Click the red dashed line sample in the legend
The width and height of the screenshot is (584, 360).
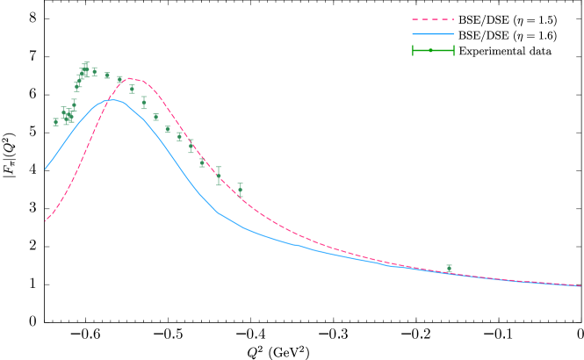pos(433,19)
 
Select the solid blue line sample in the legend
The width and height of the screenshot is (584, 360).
pos(433,34)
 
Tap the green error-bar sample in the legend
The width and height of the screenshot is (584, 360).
pos(433,50)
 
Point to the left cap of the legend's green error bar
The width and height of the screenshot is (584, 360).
pos(413,50)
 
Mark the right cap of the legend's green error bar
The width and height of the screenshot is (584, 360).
pos(453,50)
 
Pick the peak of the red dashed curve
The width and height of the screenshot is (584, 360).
pos(133,78)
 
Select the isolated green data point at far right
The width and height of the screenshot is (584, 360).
pos(449,268)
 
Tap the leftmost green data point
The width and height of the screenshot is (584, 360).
pos(55,122)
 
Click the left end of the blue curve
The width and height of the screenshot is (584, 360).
pos(45,169)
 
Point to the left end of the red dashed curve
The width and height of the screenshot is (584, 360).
pos(45,221)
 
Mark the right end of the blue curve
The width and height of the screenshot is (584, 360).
pos(580,286)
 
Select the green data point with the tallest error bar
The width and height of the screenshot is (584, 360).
pos(219,176)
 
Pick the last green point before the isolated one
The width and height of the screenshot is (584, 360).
pos(240,189)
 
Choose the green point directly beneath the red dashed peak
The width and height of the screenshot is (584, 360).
pos(133,89)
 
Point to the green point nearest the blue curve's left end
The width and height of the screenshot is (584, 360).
pos(55,122)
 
